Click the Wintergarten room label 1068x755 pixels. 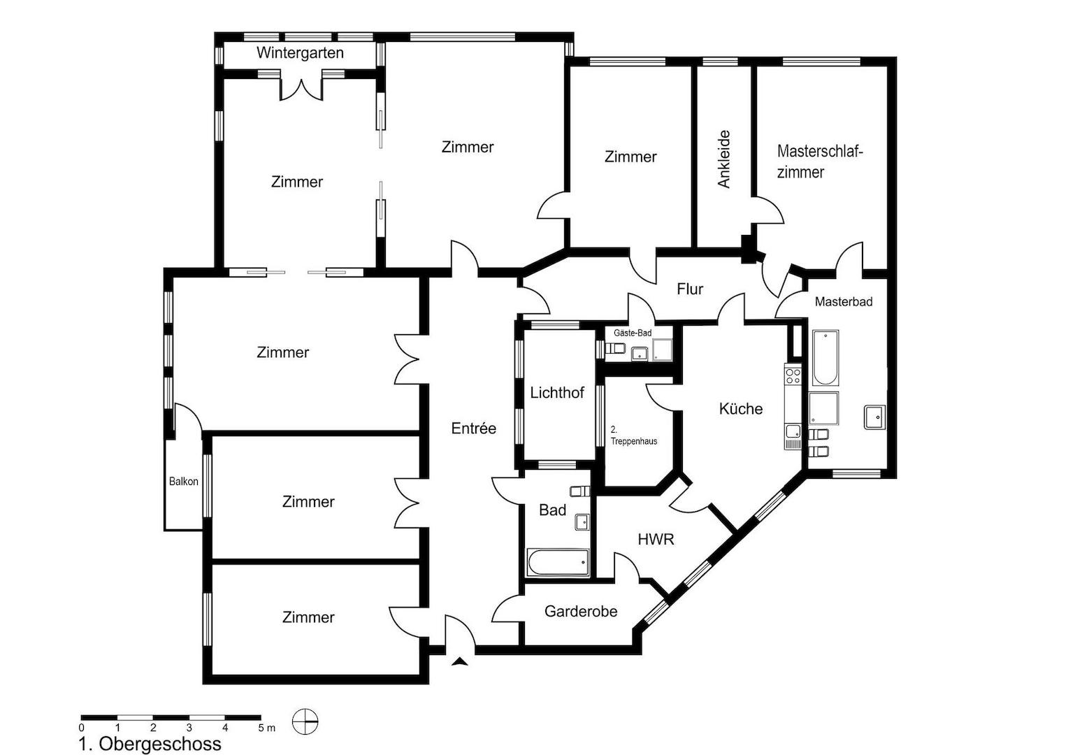(x=300, y=52)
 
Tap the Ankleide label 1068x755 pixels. (x=723, y=159)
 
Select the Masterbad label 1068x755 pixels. (x=844, y=301)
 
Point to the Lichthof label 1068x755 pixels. (x=557, y=392)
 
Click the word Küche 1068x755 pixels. (x=740, y=408)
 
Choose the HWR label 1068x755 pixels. (x=656, y=539)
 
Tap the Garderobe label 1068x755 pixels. (x=581, y=611)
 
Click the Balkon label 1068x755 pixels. (x=184, y=481)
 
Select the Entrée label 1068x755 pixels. (x=473, y=428)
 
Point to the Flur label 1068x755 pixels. (x=690, y=289)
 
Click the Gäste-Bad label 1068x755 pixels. (x=633, y=333)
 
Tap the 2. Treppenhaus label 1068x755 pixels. (x=634, y=436)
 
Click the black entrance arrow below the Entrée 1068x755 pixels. (x=460, y=661)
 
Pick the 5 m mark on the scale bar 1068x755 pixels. (x=266, y=728)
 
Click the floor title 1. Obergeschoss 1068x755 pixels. (x=150, y=744)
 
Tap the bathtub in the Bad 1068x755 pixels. (x=557, y=562)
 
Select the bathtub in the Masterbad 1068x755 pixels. (x=825, y=358)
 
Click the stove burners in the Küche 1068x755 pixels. (x=793, y=376)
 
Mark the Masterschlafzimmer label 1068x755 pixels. (x=820, y=161)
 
